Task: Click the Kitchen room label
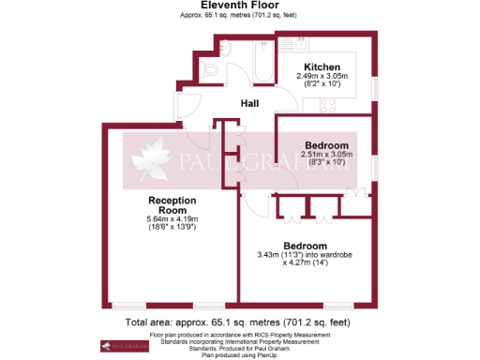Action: coord(322,66)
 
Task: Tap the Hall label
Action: coord(250,104)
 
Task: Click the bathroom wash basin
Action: coord(227,47)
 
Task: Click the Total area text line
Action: coord(239,322)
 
